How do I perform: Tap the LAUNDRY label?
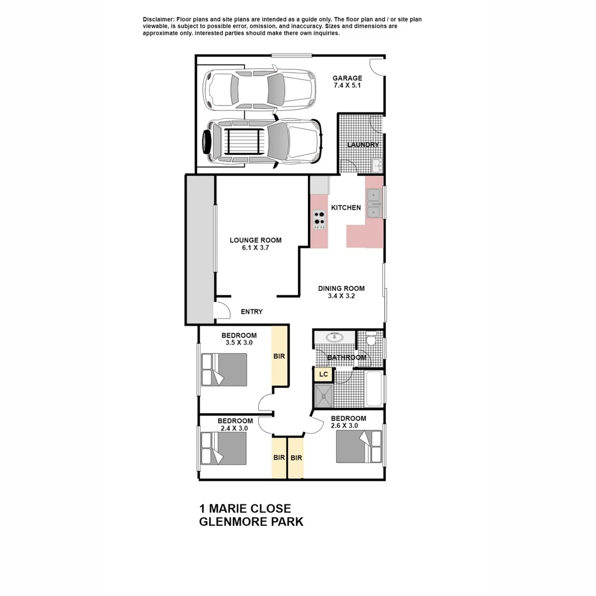coord(363,145)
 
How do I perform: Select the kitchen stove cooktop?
coord(320,220)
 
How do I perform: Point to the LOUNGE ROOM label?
coord(256,240)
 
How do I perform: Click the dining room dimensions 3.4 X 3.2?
coord(341,296)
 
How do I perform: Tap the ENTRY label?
coord(252,312)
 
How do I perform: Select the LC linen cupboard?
coord(323,375)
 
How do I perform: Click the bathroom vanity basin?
coord(334,337)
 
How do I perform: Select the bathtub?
coord(374,389)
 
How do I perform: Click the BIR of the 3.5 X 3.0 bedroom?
coord(279,356)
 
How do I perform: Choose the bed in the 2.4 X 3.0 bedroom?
coord(223,448)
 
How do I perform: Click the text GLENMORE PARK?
coord(251,521)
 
